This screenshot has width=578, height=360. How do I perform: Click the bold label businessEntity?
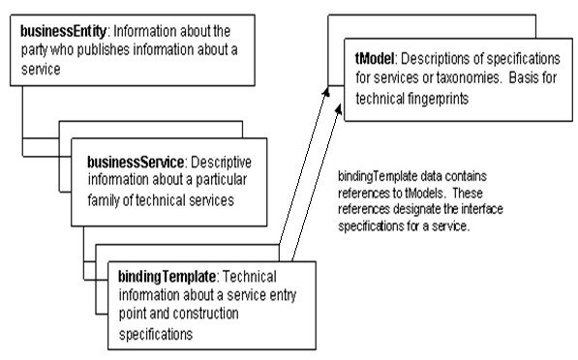58,22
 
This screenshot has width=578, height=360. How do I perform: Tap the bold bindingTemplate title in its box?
159,274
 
